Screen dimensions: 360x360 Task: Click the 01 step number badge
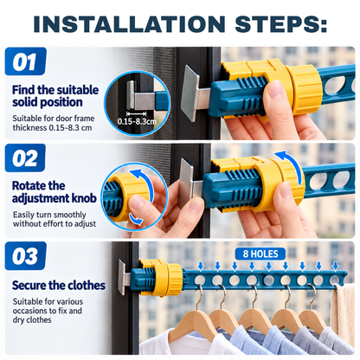(26, 61)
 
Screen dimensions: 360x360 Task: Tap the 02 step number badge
(25, 157)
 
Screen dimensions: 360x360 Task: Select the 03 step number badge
(26, 256)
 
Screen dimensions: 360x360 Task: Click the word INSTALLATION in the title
(129, 23)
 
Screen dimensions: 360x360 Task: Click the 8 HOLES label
(260, 254)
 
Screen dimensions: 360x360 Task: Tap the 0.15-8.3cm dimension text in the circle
(137, 121)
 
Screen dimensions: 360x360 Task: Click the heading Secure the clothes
(59, 286)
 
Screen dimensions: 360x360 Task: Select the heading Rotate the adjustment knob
(55, 192)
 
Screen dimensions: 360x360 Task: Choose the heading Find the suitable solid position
(55, 96)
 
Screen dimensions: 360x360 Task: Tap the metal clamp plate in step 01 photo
(190, 93)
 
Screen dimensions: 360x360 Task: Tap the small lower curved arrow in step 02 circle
(136, 219)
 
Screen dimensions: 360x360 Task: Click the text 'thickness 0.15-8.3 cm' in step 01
(52, 127)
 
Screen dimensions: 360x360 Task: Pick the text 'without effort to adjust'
(55, 224)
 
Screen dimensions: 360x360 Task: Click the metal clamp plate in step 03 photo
(122, 277)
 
